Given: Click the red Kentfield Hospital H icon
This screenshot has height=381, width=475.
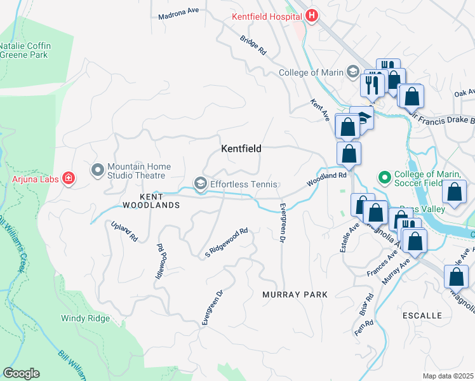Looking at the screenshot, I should pos(311,16).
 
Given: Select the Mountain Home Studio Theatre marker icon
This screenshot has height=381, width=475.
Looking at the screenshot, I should pos(97,170).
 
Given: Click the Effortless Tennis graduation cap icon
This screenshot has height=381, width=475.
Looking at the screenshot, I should pos(201,184).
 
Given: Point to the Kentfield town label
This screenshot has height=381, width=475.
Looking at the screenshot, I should pos(241,149).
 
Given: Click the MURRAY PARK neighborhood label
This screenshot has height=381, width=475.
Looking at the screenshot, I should pos(295,295).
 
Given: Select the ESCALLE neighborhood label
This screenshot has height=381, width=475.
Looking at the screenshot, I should pos(422,315).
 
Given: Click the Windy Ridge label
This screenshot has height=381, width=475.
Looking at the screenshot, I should pos(85,318).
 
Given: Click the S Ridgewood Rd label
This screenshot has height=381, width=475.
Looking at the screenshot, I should pos(225,244).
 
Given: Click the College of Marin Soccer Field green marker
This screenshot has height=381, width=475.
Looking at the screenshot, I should pos(384,176).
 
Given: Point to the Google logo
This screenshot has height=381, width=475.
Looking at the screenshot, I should pos(21,373).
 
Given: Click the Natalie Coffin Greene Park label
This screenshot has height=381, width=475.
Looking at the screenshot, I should pos(25,50).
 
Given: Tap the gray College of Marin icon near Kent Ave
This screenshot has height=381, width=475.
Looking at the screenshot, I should pos(352,72).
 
